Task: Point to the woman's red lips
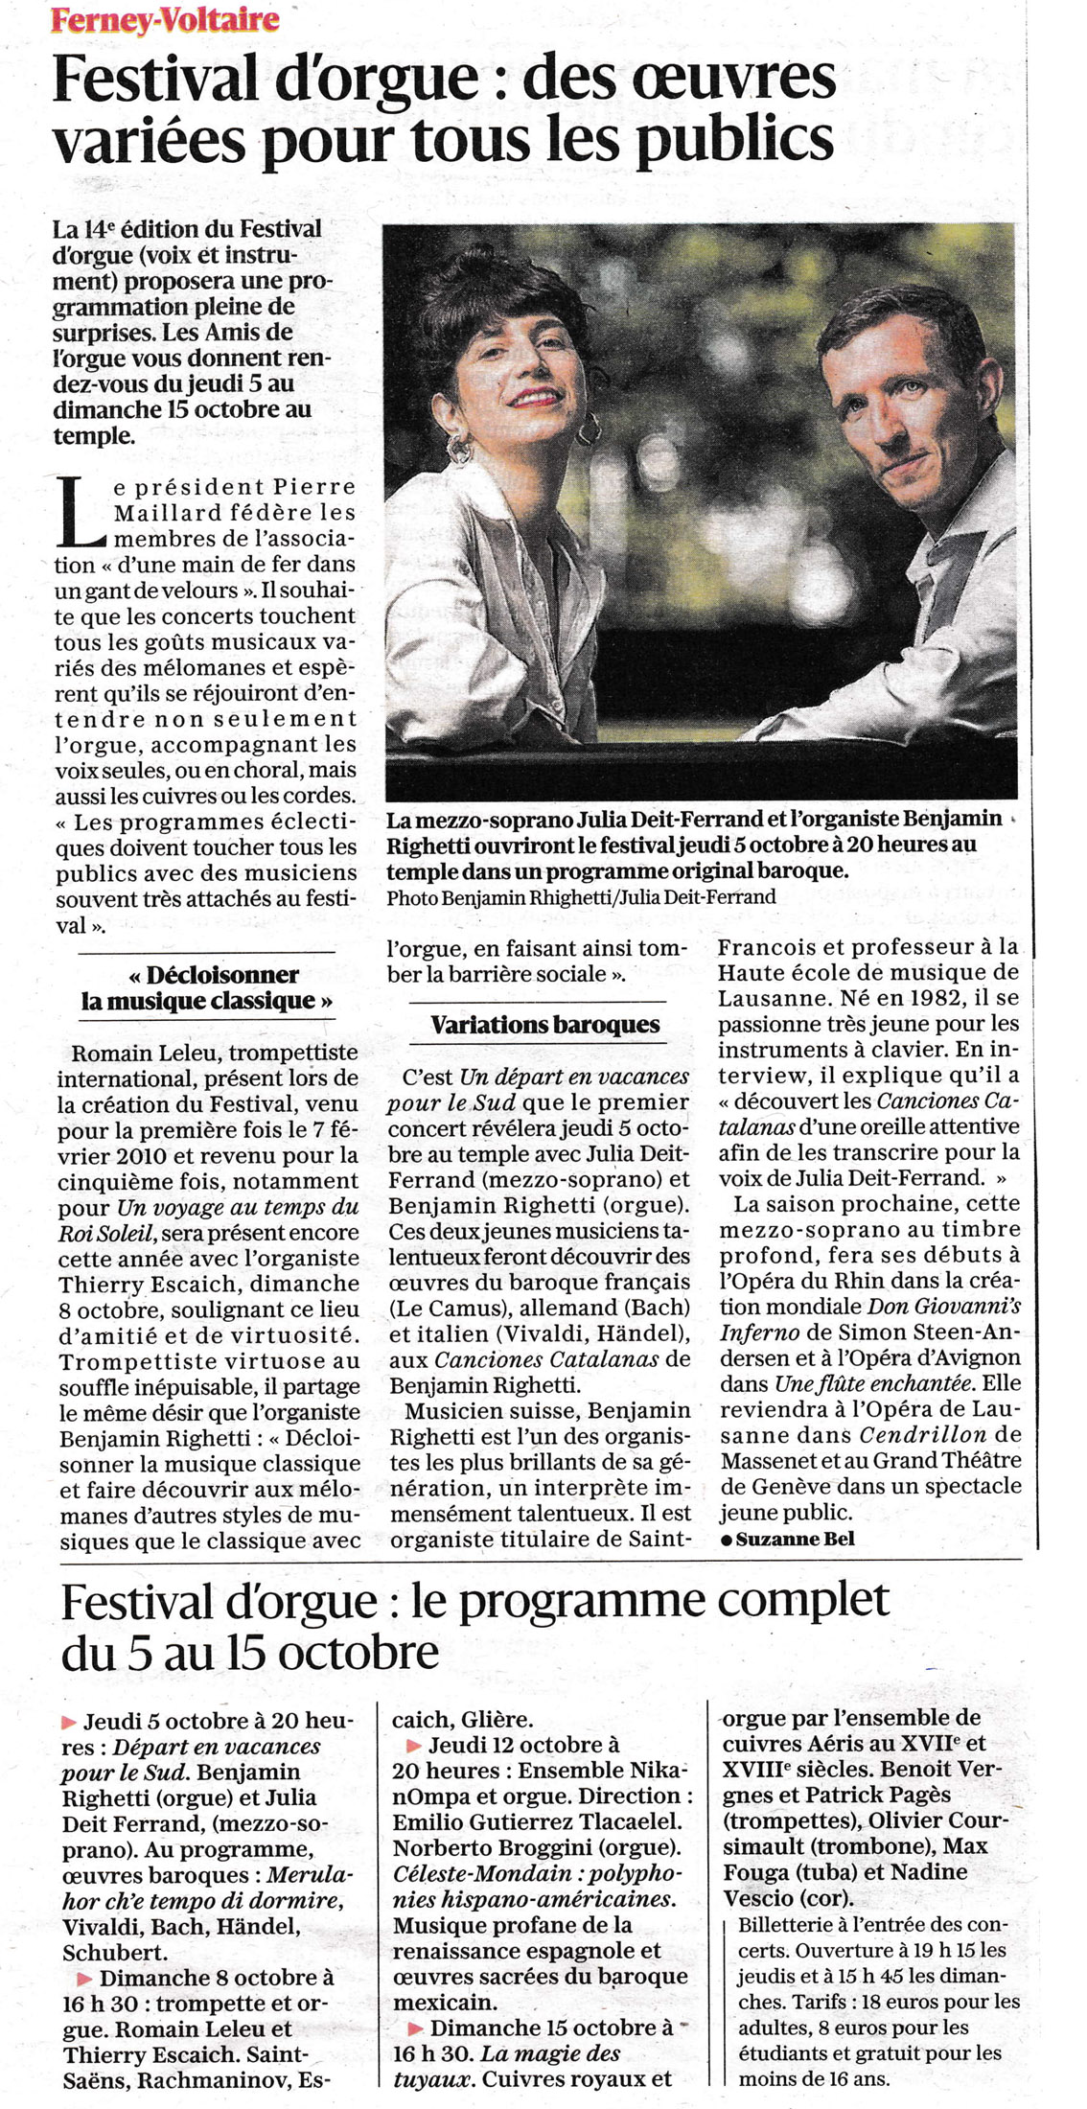point(530,399)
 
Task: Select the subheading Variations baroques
point(545,1025)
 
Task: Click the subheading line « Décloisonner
point(213,975)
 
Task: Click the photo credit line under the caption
point(581,897)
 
